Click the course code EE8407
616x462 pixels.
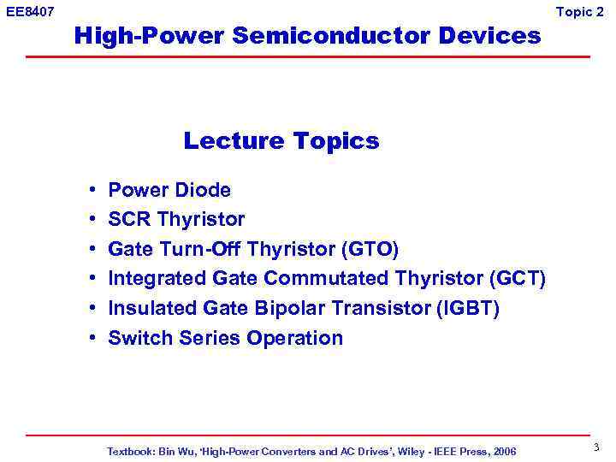coord(31,12)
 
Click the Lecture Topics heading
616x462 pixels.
coord(281,140)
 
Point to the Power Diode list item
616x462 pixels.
coord(169,190)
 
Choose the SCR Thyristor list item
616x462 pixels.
coord(176,220)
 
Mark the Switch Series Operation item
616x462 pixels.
coord(225,338)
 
